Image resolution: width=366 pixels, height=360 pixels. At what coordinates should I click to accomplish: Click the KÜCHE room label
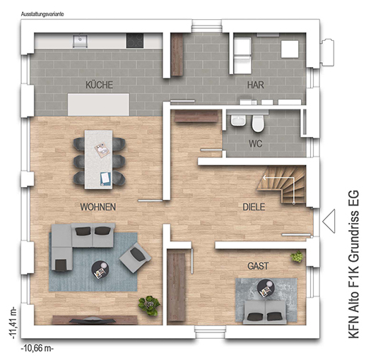coord(99,85)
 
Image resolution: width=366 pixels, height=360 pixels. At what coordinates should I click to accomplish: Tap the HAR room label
coord(256,85)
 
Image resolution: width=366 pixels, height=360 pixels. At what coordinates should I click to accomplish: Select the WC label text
coord(256,143)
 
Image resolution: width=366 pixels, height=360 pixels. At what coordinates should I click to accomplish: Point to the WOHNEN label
coord(98,207)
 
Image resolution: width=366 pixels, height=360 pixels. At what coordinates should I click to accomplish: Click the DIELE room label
coord(254,207)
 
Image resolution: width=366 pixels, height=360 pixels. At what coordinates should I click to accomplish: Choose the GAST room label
coord(258,266)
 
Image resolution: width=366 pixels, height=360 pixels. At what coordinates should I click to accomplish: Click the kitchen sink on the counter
coord(80,41)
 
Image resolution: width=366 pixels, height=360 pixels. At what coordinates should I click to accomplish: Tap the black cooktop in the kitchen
coord(135,41)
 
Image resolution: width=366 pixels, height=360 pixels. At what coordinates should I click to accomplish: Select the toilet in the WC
coord(257,123)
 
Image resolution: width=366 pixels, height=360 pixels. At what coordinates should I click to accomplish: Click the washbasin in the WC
coord(238,121)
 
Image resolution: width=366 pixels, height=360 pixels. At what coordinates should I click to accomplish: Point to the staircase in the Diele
coord(282,185)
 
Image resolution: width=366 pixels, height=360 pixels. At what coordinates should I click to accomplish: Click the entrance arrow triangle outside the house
coord(329,221)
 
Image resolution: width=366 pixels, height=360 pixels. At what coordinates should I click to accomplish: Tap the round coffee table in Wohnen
coord(100,270)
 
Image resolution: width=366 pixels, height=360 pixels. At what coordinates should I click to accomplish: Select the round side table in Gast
coord(266,289)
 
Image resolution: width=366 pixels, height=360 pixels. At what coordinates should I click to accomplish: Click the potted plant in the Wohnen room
coord(149,306)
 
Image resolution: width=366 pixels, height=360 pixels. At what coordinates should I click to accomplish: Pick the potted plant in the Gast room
coord(297,256)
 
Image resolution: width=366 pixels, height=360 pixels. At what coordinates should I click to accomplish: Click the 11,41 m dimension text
coord(13,323)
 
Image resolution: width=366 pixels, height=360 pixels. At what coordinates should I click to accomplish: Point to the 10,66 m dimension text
coord(37,348)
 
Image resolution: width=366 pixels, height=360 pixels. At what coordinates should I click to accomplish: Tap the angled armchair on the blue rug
coord(135,258)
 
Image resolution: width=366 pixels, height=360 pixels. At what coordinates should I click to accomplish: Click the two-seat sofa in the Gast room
coord(266,312)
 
